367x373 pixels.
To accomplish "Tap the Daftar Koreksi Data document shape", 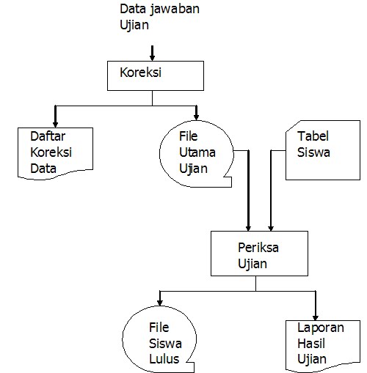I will click(x=56, y=153).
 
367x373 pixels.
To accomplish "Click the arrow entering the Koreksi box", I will click(x=152, y=53).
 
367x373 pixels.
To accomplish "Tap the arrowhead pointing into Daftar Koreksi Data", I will click(x=55, y=118).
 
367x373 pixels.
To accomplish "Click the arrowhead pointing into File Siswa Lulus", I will click(x=160, y=300).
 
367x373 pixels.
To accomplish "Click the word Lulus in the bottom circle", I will click(x=164, y=360).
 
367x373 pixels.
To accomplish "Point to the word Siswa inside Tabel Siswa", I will click(x=314, y=153).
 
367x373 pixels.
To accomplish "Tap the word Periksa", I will click(x=257, y=247).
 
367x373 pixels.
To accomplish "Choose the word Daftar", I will click(x=47, y=137).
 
